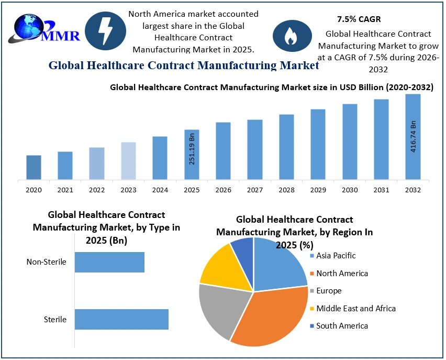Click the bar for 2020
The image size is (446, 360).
[x=34, y=167]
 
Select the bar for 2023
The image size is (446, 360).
[x=128, y=161]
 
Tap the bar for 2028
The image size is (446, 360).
[x=286, y=147]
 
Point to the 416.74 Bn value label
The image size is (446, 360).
[x=413, y=136]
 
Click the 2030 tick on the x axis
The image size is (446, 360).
[x=350, y=190]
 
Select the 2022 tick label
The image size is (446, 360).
[x=97, y=190]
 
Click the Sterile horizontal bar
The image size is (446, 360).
[x=121, y=319]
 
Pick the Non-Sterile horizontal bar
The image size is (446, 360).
[x=109, y=262]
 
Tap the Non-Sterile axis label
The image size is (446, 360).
[x=47, y=262]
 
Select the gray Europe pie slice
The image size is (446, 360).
[x=220, y=309]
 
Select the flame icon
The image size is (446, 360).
[x=292, y=35]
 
